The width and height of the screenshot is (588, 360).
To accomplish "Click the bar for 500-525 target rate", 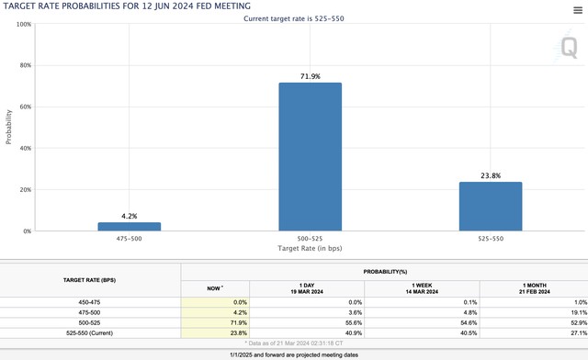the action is [x=311, y=157].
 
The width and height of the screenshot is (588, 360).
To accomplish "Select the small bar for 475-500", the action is [x=130, y=227].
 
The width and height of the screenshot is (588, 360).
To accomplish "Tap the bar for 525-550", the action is [x=491, y=207].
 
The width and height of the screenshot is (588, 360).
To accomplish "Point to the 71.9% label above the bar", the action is [x=311, y=76].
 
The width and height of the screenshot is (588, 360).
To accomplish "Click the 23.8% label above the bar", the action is [x=491, y=175].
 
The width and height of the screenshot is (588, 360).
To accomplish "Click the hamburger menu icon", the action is [x=578, y=10].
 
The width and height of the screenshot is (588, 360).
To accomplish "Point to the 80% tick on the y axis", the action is [x=26, y=65].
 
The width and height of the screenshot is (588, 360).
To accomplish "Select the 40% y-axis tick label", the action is [x=26, y=148].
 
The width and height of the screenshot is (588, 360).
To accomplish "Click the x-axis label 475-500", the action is [x=129, y=239].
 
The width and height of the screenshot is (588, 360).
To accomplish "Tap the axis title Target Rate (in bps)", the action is [x=310, y=248].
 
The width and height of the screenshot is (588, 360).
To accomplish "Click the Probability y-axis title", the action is [x=8, y=127].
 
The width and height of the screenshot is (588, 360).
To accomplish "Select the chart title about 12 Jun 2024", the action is [x=127, y=6].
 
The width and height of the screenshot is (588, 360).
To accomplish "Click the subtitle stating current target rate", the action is [x=294, y=18].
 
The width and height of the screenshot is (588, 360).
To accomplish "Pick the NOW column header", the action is [x=215, y=288].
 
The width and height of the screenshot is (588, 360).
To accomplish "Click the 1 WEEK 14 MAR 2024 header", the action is [x=422, y=288].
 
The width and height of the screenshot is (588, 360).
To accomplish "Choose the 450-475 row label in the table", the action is [x=89, y=302].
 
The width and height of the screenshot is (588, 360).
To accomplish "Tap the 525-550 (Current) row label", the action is [x=89, y=333].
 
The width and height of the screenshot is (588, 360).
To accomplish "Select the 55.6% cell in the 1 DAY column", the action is [x=355, y=323].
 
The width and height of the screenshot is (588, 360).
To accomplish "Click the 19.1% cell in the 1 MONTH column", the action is [x=580, y=312].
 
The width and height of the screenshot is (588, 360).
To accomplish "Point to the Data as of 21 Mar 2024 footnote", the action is [x=294, y=343].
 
